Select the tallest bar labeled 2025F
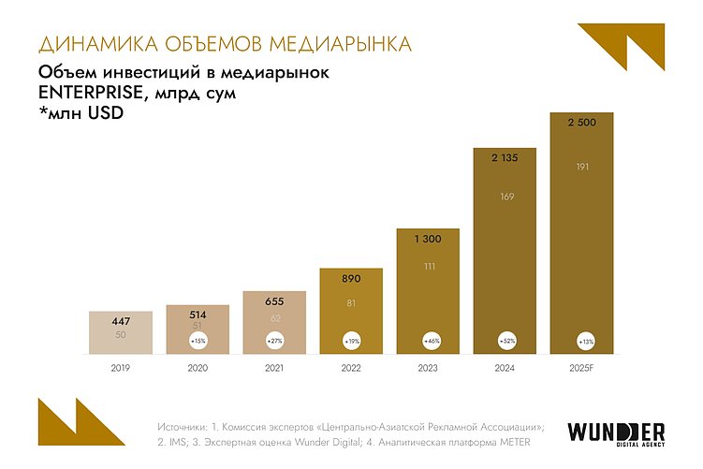coord(581,234)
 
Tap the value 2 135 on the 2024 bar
coord(505,158)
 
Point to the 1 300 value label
coord(428,240)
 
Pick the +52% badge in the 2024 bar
coord(505,340)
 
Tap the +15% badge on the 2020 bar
coord(198,340)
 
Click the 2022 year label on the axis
coord(351,369)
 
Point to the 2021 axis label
coord(274,369)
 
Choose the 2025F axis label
coord(581,369)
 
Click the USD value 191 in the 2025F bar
coord(581,166)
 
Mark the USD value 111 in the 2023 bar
coord(428,267)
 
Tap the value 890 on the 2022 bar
coord(351,279)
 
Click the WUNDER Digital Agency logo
coord(616,434)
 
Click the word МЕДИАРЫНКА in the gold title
coord(339,44)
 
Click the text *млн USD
coord(81,113)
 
